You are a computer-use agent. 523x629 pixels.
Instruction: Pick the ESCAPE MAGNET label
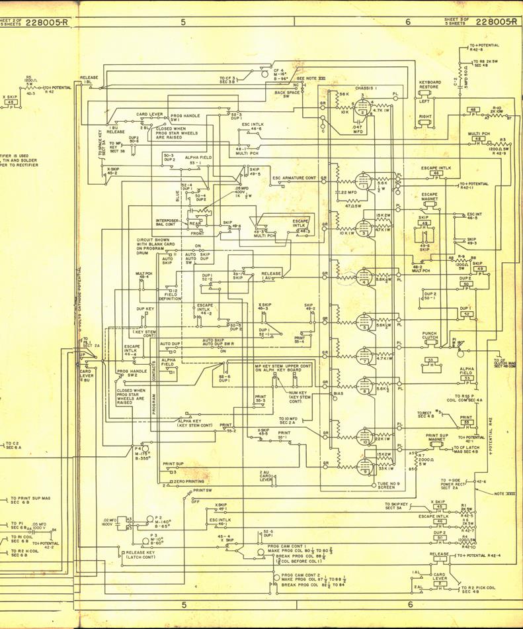click(x=430, y=197)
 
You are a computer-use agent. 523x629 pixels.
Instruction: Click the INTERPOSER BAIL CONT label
click(x=167, y=222)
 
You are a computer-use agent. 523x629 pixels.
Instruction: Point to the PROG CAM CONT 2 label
click(x=300, y=575)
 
